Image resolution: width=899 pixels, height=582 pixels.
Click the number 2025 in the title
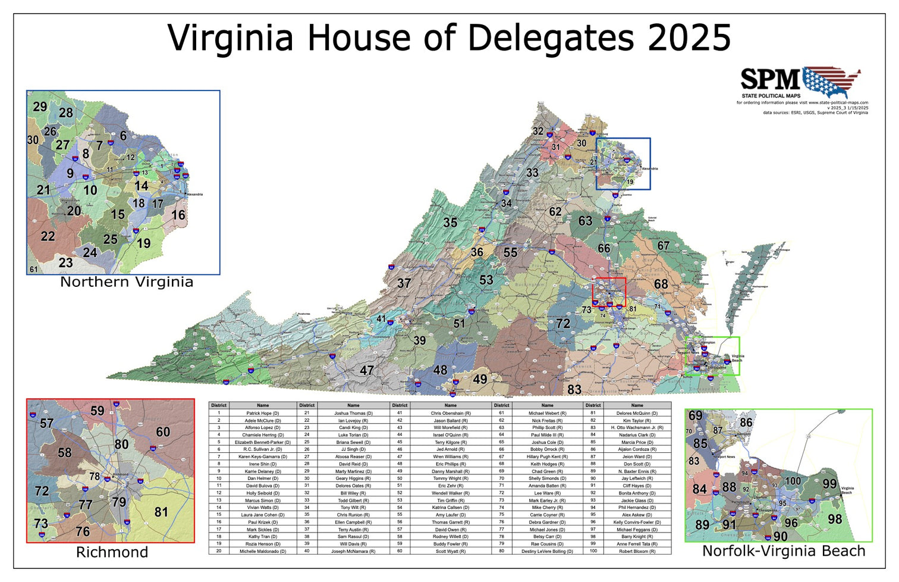pyautogui.click(x=689, y=38)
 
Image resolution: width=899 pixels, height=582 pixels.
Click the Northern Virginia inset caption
pyautogui.click(x=127, y=282)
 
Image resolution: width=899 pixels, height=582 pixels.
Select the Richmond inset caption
pyautogui.click(x=112, y=552)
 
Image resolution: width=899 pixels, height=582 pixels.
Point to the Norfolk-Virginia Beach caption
pyautogui.click(x=783, y=551)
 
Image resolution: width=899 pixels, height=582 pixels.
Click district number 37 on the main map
pyautogui.click(x=404, y=283)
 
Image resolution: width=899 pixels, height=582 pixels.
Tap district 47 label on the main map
pyautogui.click(x=367, y=371)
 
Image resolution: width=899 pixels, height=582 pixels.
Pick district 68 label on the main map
pyautogui.click(x=661, y=284)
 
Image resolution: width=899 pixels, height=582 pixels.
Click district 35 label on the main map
pyautogui.click(x=450, y=223)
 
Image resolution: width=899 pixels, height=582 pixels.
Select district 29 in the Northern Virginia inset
pyautogui.click(x=40, y=107)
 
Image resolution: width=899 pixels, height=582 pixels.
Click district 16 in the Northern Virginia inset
pyautogui.click(x=178, y=215)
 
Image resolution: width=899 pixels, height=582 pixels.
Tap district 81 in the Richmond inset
pyautogui.click(x=161, y=512)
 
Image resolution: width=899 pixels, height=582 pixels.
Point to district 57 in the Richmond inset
pyautogui.click(x=46, y=424)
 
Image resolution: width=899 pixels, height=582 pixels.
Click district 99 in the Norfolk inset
pyautogui.click(x=829, y=484)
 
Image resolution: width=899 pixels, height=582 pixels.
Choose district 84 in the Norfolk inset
pyautogui.click(x=699, y=489)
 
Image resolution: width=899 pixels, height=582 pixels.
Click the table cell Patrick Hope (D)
pyautogui.click(x=262, y=413)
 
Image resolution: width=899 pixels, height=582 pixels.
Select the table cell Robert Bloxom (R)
pyautogui.click(x=637, y=551)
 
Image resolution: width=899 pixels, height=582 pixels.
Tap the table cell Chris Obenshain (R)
pyautogui.click(x=450, y=413)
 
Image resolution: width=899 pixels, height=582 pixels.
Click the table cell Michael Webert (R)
pyautogui.click(x=547, y=413)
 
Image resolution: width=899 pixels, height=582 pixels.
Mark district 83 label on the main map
pyautogui.click(x=574, y=390)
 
